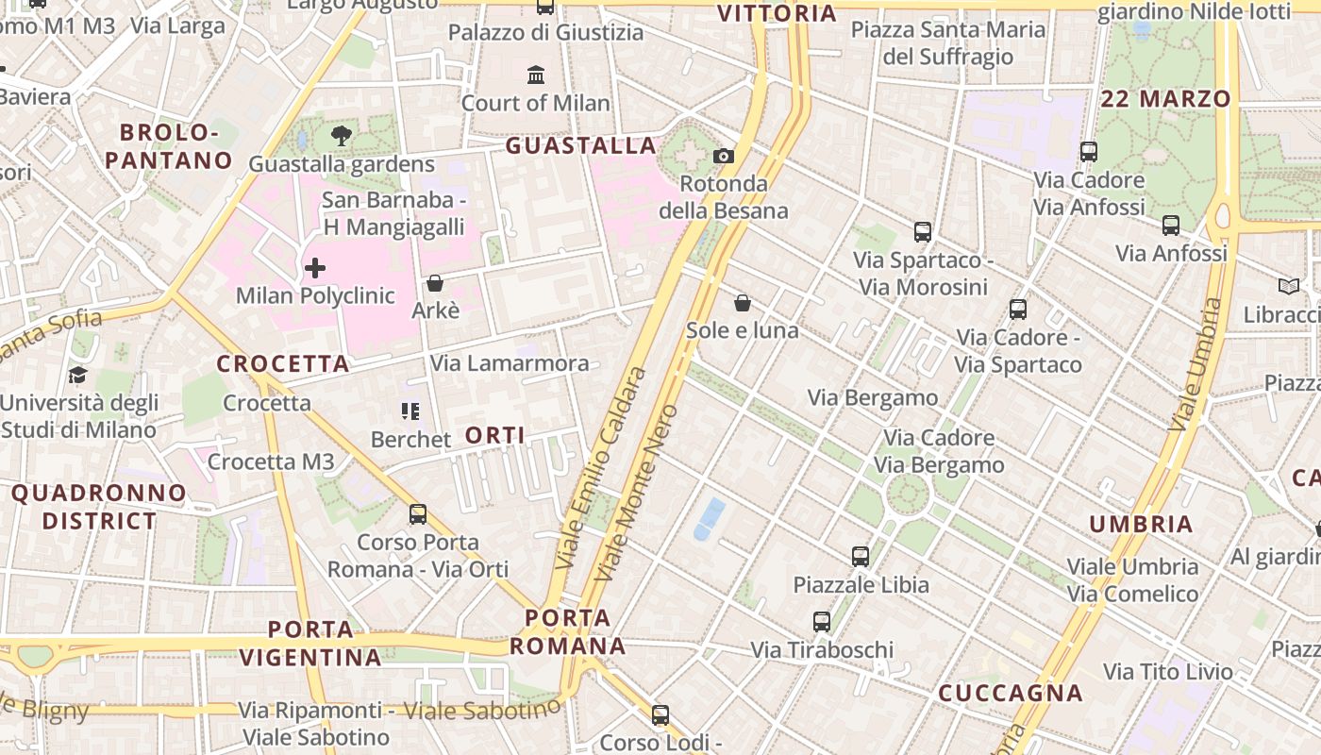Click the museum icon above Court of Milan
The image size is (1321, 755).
click(x=536, y=75)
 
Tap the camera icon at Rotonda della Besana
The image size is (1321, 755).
click(x=724, y=156)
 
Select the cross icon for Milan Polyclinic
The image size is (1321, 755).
click(x=315, y=269)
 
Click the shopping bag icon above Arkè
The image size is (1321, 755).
click(x=435, y=283)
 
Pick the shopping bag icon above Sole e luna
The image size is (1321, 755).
click(x=743, y=303)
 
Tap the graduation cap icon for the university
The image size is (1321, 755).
click(x=77, y=376)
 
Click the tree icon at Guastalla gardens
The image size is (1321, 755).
click(x=342, y=137)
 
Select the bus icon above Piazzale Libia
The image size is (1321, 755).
click(x=861, y=557)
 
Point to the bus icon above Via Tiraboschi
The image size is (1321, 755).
click(x=822, y=622)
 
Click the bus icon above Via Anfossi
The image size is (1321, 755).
click(x=1171, y=226)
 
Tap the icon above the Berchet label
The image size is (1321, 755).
click(x=410, y=411)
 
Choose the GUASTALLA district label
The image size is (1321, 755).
click(x=580, y=146)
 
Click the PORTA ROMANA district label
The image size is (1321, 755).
click(x=567, y=632)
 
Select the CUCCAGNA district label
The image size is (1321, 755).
click(x=1010, y=694)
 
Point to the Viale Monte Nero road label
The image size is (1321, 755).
click(x=638, y=493)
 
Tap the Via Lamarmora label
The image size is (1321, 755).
click(x=510, y=363)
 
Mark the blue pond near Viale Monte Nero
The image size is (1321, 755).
click(x=710, y=519)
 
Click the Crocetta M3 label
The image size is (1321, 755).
click(x=271, y=461)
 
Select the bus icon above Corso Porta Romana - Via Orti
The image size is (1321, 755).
click(x=418, y=514)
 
